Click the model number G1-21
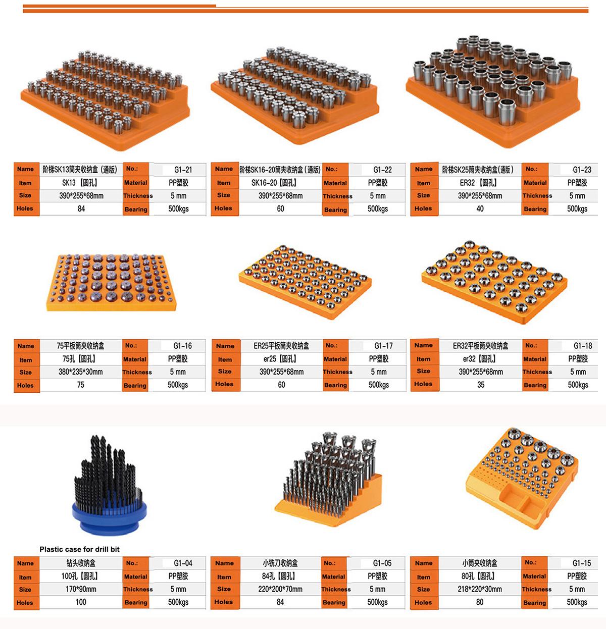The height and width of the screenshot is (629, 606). click(183, 170)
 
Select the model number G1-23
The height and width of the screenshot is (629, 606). click(582, 170)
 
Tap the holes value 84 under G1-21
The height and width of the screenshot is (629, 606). click(81, 209)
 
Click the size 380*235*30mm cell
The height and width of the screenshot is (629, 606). click(80, 372)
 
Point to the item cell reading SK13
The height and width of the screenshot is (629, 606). click(80, 183)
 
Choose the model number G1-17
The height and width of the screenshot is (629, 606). click(383, 346)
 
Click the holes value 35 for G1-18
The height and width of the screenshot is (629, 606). click(481, 385)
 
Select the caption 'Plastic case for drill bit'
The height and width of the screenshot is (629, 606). click(80, 549)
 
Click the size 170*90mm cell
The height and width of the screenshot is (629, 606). click(81, 589)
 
